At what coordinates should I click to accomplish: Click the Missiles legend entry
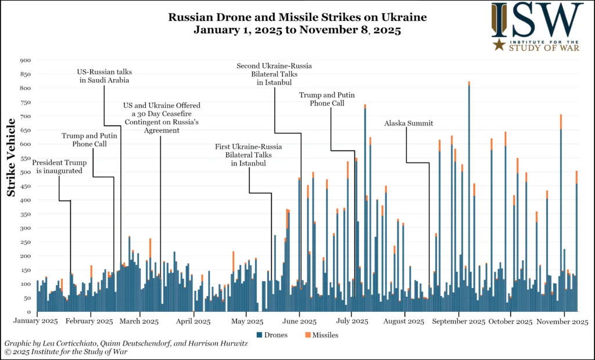tap(321, 335)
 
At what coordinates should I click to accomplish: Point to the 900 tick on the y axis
tap(25, 60)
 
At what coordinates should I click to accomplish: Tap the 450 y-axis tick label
tap(25, 186)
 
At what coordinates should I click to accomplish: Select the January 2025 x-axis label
tap(37, 321)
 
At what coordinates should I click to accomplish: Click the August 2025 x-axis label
tap(405, 321)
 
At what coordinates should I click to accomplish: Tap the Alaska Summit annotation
tap(408, 123)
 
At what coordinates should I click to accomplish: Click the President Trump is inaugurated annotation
tap(57, 167)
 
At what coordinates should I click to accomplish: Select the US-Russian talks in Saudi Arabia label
tap(105, 76)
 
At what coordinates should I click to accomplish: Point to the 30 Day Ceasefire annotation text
tap(161, 118)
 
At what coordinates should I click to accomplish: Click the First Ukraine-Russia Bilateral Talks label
tap(248, 155)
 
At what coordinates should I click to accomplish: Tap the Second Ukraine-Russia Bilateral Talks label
tap(274, 74)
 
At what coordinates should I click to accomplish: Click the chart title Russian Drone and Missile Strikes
tap(297, 17)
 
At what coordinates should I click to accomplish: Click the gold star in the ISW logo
tap(499, 44)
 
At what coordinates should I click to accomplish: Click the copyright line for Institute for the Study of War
tap(66, 352)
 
